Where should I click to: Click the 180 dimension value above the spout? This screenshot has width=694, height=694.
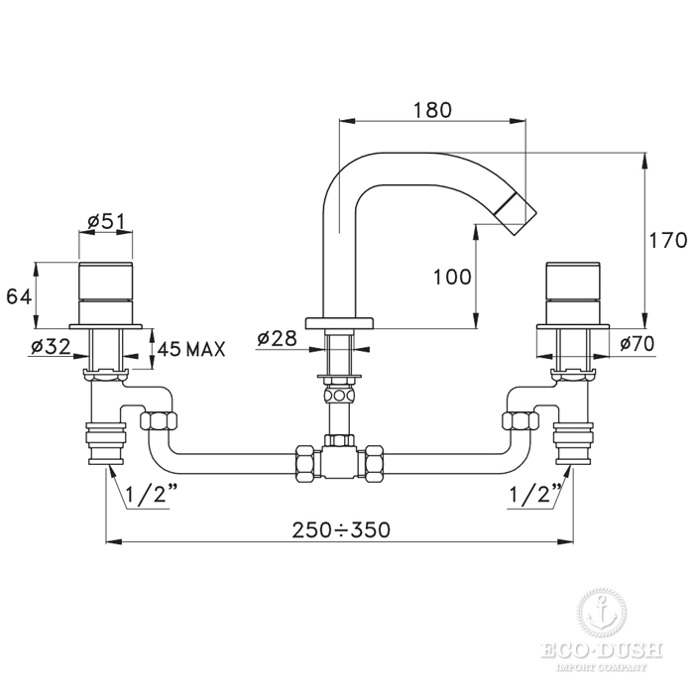(x=432, y=110)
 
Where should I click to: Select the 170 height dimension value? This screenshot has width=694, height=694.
(x=668, y=241)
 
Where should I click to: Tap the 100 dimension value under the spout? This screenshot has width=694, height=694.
(x=452, y=277)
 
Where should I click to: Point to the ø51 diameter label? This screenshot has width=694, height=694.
(x=106, y=221)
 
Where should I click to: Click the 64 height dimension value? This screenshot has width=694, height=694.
(x=20, y=296)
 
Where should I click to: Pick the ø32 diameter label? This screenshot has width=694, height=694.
(x=51, y=347)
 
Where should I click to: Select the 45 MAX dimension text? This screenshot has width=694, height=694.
(x=191, y=349)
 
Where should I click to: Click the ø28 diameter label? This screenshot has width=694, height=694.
(x=277, y=339)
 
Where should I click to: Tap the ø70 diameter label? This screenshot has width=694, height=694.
(x=636, y=343)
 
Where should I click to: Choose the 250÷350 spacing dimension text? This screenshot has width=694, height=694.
(x=341, y=529)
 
